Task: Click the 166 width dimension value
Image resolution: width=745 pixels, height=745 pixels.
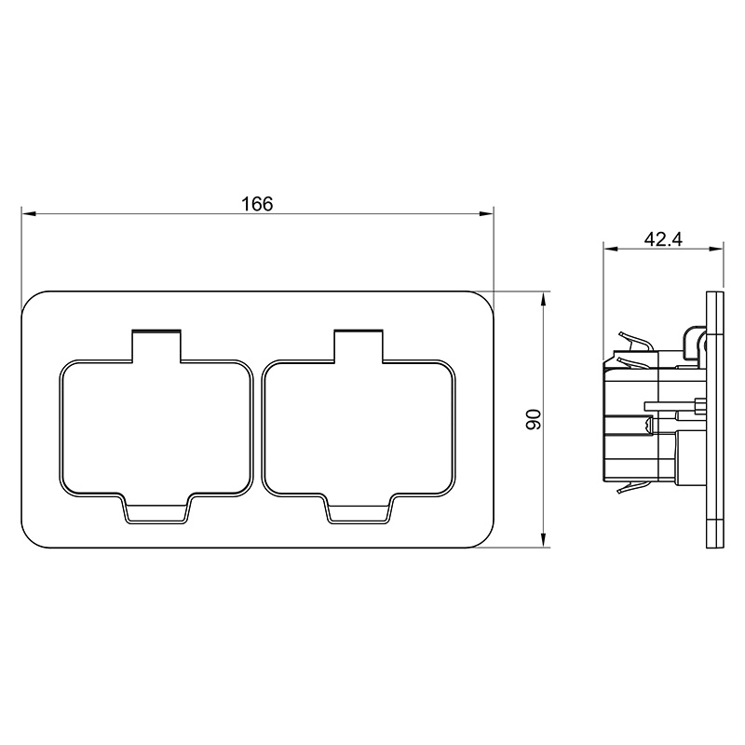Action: (258, 204)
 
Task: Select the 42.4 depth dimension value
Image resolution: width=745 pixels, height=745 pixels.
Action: (663, 239)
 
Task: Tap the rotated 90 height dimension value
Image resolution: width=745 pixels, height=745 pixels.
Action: (534, 419)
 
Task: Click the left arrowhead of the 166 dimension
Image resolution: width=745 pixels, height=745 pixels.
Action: (29, 214)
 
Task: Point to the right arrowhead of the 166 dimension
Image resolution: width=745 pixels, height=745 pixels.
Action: (486, 214)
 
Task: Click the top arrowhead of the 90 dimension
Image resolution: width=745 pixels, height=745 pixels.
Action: (544, 299)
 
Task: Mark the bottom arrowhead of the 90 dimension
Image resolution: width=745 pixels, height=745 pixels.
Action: (544, 540)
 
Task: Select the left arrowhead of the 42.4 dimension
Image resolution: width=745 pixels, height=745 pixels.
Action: (611, 249)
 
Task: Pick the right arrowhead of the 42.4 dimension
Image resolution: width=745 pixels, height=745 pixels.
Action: (715, 249)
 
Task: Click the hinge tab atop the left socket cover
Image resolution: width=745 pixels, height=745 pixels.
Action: (156, 345)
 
